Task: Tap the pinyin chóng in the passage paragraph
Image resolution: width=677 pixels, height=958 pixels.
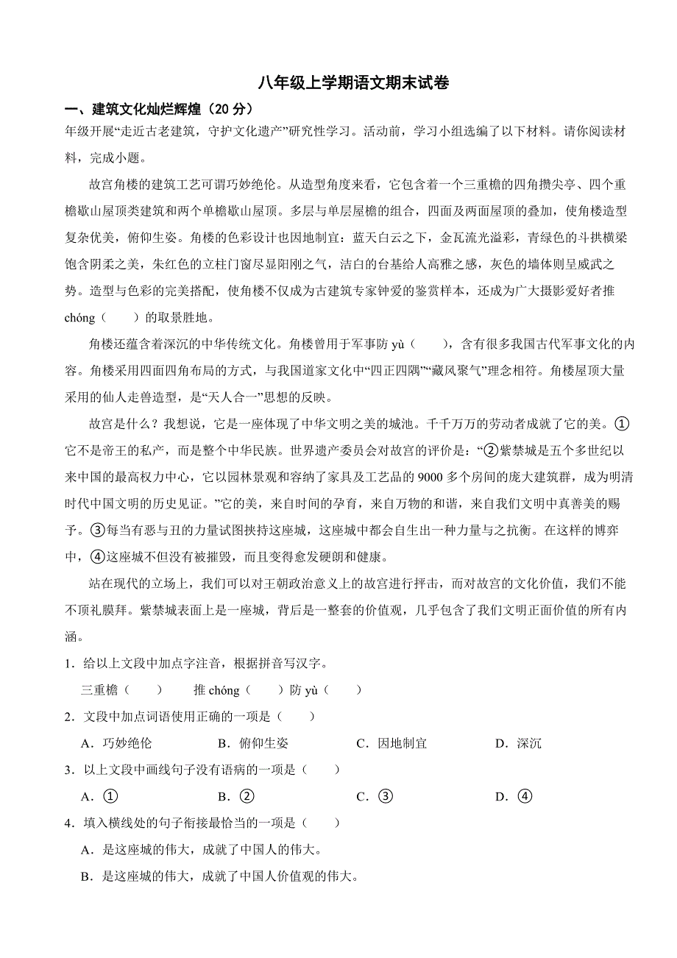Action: [80, 318]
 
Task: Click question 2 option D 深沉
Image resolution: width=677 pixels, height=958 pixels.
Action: [519, 743]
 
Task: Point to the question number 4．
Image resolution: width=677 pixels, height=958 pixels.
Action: [70, 823]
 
